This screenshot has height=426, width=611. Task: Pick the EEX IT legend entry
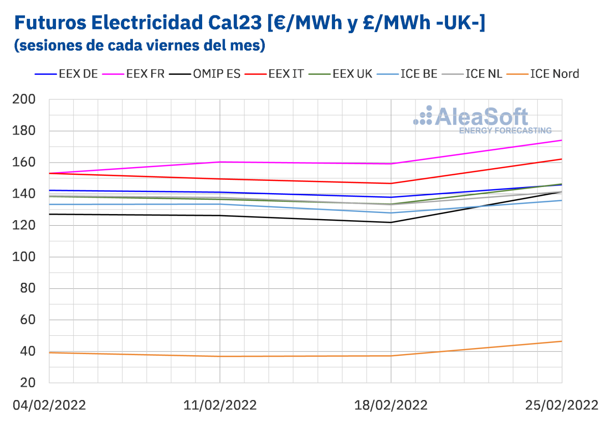point(285,74)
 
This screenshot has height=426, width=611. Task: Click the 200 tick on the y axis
point(24,99)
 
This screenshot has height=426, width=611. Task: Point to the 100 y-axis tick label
point(24,257)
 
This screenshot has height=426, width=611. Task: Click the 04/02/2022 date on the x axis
point(49,405)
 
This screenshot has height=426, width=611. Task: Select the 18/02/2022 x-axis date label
point(391,405)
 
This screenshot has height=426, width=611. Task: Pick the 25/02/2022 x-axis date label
point(561,405)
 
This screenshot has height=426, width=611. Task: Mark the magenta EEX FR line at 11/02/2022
point(220,162)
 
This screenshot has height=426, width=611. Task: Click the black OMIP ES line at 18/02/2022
point(391,222)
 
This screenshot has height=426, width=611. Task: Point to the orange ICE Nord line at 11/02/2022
point(220,356)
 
